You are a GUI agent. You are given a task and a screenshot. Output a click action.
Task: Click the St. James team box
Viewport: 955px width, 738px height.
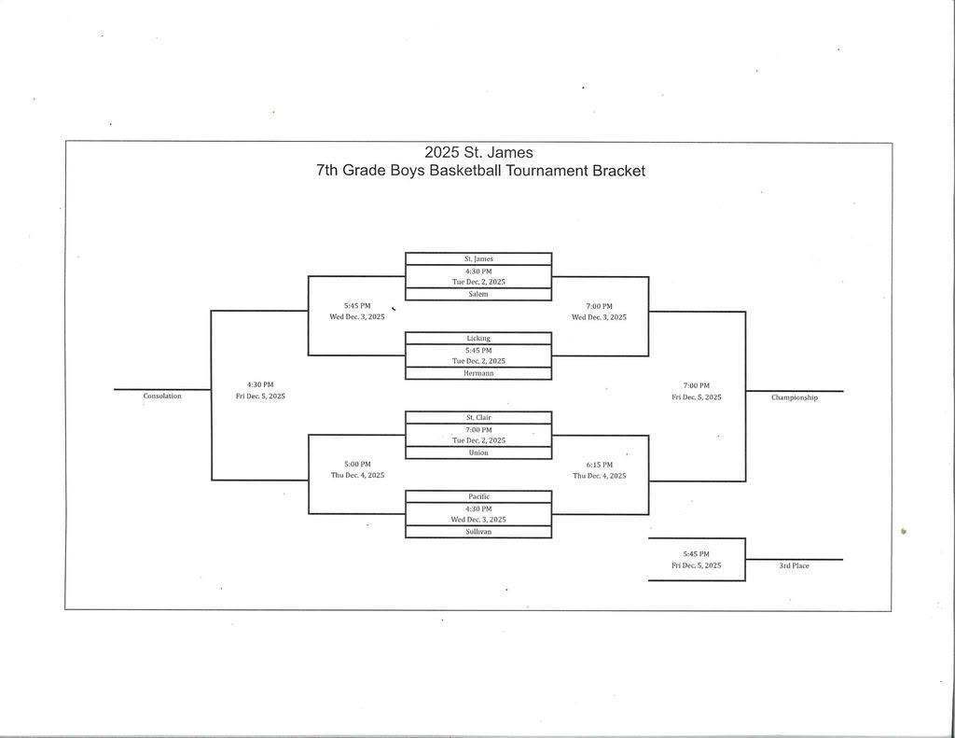[x=478, y=258]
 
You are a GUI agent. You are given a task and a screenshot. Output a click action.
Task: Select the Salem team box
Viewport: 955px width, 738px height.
[x=478, y=294]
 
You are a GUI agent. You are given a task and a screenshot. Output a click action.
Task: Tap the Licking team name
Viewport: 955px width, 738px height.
[x=478, y=338]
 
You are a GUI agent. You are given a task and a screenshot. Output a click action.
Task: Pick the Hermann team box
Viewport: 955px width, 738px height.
[x=478, y=373]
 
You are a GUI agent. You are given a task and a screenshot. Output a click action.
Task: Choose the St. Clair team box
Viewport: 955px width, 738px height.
[x=478, y=417]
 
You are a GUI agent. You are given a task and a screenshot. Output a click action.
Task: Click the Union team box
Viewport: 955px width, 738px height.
[x=478, y=453]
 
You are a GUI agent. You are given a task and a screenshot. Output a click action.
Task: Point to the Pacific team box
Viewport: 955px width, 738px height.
[x=478, y=496]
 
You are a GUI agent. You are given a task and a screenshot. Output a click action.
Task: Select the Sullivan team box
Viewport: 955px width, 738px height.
[x=478, y=532]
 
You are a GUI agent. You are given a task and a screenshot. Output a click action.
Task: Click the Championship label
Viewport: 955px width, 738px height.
[x=795, y=397]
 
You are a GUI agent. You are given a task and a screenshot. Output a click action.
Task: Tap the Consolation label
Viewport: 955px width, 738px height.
[x=162, y=397]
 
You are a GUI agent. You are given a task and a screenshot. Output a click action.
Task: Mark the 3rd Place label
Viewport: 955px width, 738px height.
[x=795, y=566]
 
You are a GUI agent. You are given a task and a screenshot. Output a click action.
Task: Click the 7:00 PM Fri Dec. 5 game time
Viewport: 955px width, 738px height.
[x=697, y=391]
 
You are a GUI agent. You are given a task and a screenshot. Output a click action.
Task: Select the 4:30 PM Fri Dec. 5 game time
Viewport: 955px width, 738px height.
[x=260, y=390]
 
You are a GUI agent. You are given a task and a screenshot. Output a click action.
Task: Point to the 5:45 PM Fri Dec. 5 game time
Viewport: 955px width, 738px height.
[x=697, y=560]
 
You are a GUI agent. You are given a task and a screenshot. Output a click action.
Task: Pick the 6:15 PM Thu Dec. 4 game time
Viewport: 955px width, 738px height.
[x=600, y=470]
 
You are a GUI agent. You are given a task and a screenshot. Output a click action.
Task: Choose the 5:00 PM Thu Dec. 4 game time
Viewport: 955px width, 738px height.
[x=357, y=469]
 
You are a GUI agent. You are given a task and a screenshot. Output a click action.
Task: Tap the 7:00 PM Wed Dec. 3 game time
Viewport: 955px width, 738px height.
[x=600, y=312]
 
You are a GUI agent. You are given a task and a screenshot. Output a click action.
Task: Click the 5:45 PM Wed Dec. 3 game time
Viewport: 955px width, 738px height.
[x=357, y=311]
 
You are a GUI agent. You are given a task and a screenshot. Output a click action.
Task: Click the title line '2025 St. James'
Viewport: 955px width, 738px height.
[x=479, y=152]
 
